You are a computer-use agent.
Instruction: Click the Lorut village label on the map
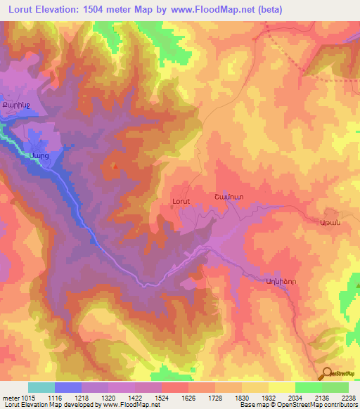pyautogui.click(x=181, y=201)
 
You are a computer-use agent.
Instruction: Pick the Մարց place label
pyautogui.click(x=39, y=156)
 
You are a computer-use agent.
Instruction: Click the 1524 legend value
pyautogui.click(x=162, y=398)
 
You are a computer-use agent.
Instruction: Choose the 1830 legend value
pyautogui.click(x=242, y=398)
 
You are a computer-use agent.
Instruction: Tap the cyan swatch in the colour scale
pyautogui.click(x=41, y=387)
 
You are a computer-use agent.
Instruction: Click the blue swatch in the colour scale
pyautogui.click(x=68, y=387)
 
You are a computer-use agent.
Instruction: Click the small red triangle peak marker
pyautogui.click(x=115, y=167)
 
